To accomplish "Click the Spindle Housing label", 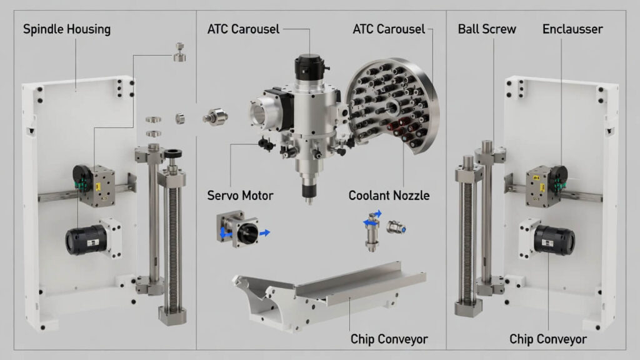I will pos(66,29).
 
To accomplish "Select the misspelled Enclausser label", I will pos(572,29).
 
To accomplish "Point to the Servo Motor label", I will pos(240,196).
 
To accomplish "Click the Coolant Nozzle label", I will pos(389,196).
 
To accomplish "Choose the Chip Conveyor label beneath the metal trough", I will pos(389,339).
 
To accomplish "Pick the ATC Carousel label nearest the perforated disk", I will pos(389,29).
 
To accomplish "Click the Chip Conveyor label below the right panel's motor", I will pos(548,339).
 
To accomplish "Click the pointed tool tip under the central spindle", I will pos(308,199).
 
